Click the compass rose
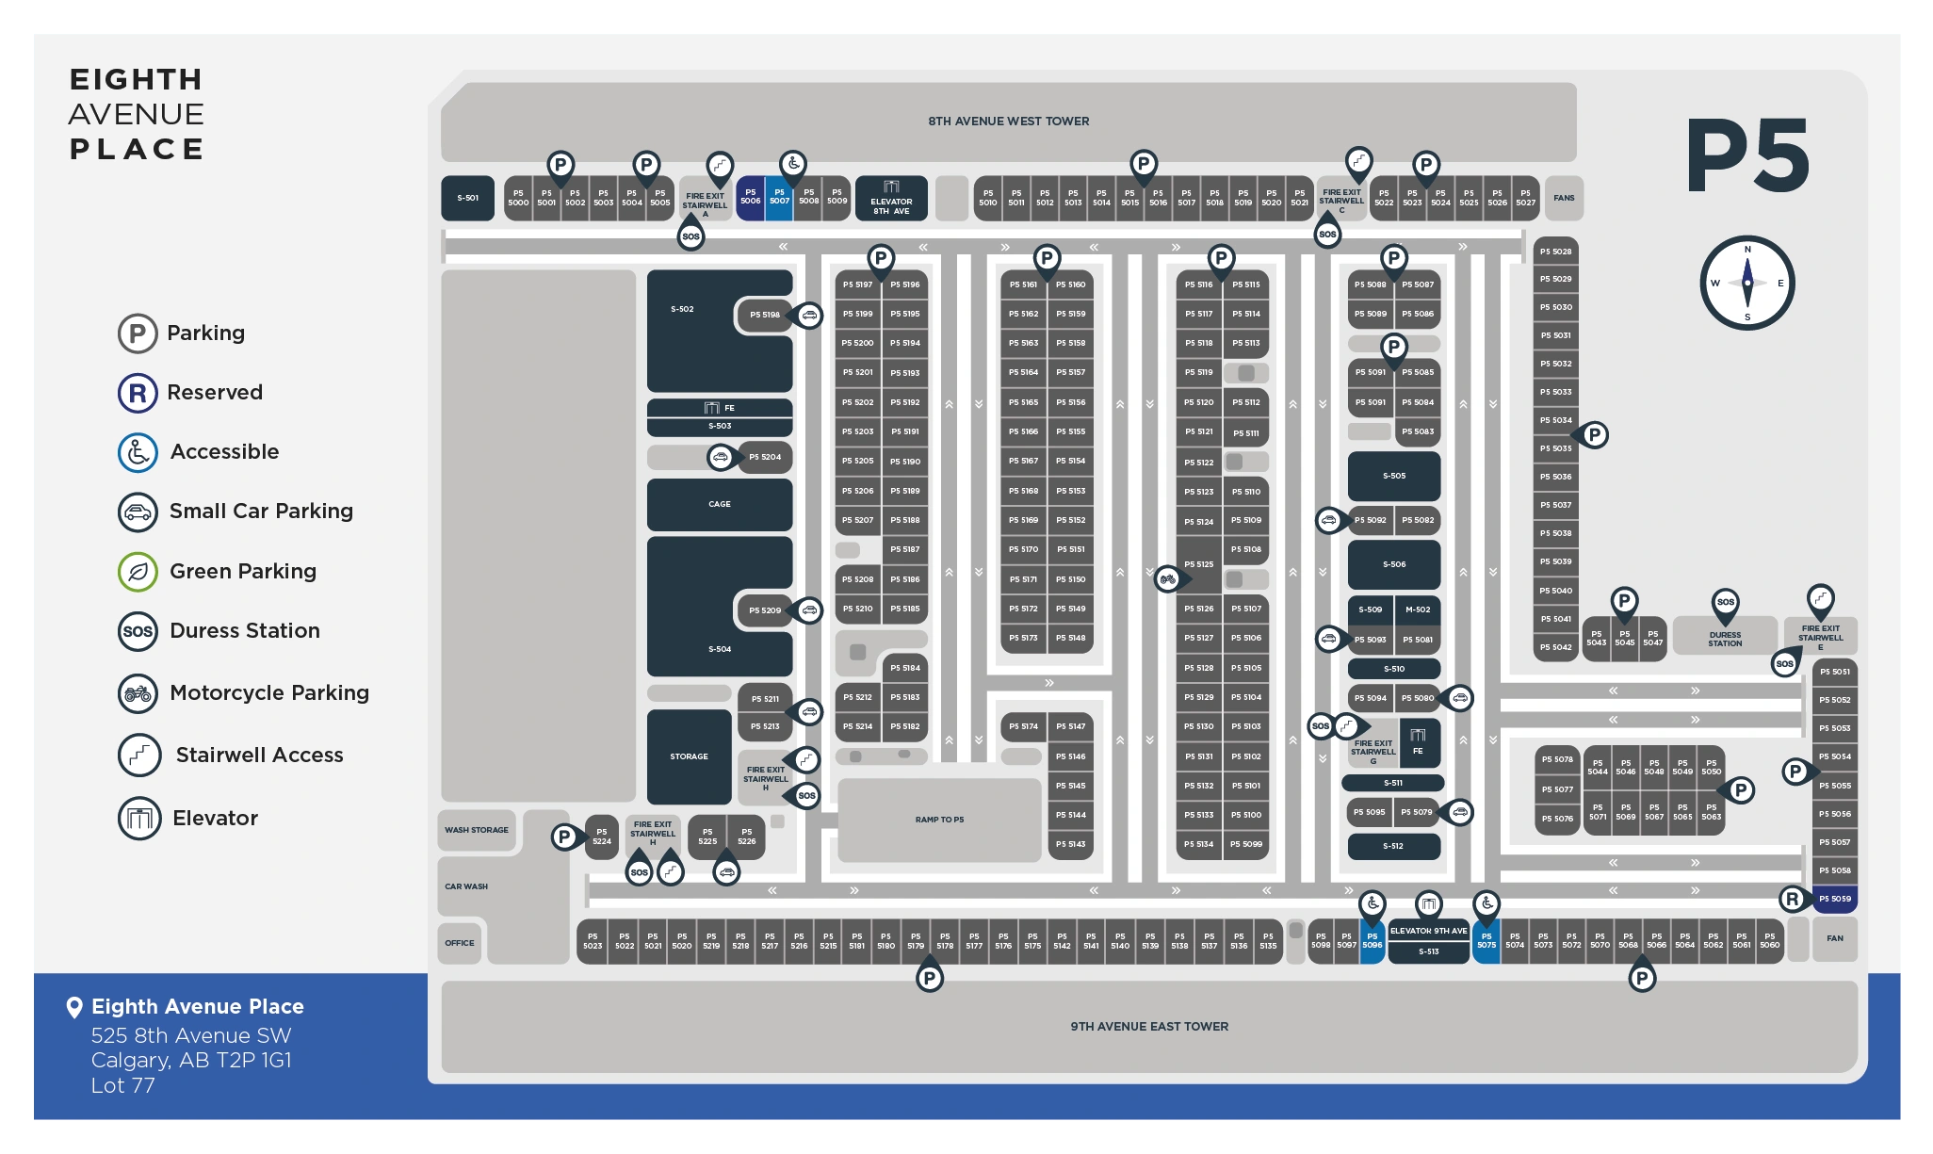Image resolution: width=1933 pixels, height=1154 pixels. pyautogui.click(x=1746, y=283)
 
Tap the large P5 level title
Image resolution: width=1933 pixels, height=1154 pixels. pyautogui.click(x=1747, y=156)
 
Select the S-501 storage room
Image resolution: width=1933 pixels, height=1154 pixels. pyautogui.click(x=467, y=198)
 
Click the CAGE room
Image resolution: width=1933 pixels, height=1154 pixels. pyautogui.click(x=719, y=504)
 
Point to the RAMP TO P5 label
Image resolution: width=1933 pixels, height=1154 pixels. pyautogui.click(x=939, y=820)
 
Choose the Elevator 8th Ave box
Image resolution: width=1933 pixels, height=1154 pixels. pyautogui.click(x=891, y=199)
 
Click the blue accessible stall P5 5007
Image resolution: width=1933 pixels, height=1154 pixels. pyautogui.click(x=779, y=198)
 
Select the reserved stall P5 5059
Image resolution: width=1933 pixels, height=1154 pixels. pyautogui.click(x=1834, y=899)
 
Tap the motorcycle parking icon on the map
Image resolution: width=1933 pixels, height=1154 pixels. pyautogui.click(x=1168, y=578)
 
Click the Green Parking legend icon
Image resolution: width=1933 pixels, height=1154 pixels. pyautogui.click(x=138, y=572)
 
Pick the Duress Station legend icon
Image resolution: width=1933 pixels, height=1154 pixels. pyautogui.click(x=138, y=631)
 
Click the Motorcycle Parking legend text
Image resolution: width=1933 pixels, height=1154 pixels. pyautogui.click(x=269, y=693)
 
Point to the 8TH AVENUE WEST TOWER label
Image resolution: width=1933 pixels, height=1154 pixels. pyautogui.click(x=1008, y=122)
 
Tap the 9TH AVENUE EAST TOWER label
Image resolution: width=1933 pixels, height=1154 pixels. pyautogui.click(x=1149, y=1026)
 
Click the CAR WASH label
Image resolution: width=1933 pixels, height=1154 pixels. pyautogui.click(x=466, y=886)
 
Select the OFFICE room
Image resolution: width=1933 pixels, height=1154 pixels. pyautogui.click(x=460, y=943)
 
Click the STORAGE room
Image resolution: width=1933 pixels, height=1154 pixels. pyautogui.click(x=689, y=756)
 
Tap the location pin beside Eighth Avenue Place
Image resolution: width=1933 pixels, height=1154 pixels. pyautogui.click(x=74, y=1007)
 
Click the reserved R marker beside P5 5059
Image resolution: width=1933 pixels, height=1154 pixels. pyautogui.click(x=1793, y=899)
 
